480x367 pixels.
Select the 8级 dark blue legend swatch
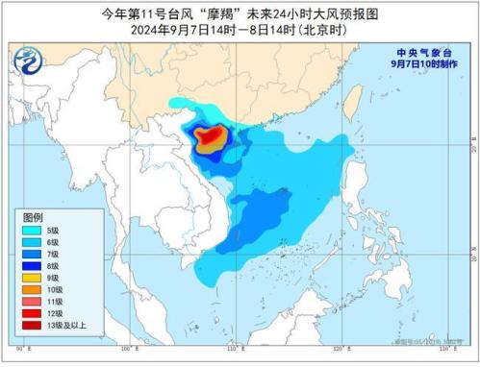pos(32,264)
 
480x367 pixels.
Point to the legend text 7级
pos(54,254)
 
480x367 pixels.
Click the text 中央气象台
pos(418,53)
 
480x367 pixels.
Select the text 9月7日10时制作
pos(418,64)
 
